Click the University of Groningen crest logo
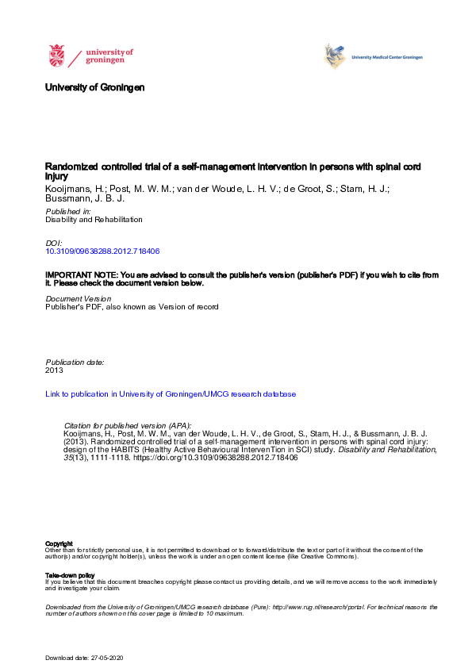56,56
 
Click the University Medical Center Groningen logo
373,56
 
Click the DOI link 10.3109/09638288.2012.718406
103,251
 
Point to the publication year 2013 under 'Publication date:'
54,370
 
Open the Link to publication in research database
171,394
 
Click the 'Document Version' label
78,298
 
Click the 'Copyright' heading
58,543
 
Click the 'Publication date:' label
75,362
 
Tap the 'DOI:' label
54,242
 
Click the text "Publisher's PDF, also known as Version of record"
132,307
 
